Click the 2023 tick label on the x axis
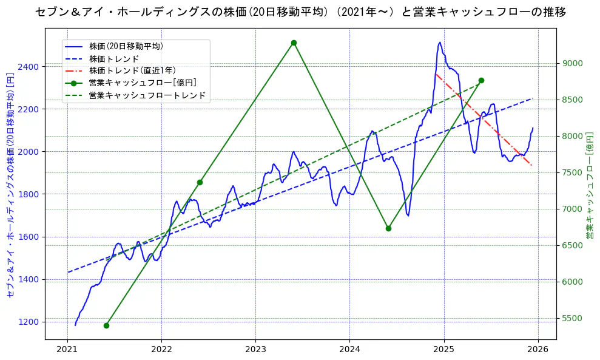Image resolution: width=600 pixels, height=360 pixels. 255,350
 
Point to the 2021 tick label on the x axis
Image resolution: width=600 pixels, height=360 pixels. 67,350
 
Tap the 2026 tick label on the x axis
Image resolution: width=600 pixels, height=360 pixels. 538,350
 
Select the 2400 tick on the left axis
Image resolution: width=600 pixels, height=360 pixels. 30,66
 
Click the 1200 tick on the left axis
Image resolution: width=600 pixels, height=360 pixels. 30,322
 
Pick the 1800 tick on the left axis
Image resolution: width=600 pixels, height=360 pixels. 30,194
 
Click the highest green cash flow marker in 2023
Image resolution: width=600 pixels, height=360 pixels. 294,43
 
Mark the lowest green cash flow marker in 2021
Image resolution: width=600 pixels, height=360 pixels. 106,325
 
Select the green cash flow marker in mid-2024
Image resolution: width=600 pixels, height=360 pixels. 388,228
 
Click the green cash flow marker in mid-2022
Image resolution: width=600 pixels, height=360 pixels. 200,182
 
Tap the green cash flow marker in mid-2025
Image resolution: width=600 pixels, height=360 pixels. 481,80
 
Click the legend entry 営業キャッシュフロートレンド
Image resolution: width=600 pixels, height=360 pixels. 147,95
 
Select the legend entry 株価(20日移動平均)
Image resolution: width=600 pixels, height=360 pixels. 126,46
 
